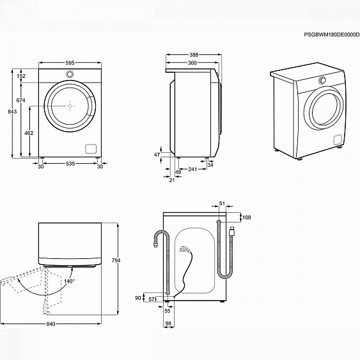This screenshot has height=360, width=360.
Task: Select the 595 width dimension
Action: click(x=70, y=63)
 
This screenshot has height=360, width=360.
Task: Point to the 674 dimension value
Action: click(x=21, y=100)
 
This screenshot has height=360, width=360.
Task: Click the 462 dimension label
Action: click(x=29, y=132)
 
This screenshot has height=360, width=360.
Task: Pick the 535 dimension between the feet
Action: click(x=70, y=164)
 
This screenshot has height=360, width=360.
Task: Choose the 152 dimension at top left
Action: click(x=21, y=76)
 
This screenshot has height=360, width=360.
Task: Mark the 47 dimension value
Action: click(x=157, y=155)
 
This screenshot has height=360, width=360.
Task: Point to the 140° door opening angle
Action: click(x=68, y=281)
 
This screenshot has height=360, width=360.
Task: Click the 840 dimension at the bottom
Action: click(x=51, y=324)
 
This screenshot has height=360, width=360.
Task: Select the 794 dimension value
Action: click(x=116, y=261)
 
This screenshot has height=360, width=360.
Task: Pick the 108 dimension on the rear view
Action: click(x=247, y=217)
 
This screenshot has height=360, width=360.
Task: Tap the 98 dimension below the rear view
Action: click(x=169, y=324)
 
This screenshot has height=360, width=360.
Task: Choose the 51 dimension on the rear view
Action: click(x=222, y=204)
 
